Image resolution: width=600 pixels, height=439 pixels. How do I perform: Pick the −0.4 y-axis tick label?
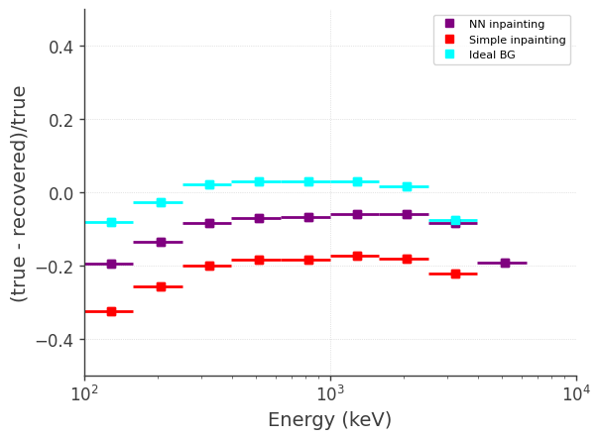[x=57, y=340]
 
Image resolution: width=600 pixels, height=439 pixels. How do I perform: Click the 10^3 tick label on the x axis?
[x=330, y=394]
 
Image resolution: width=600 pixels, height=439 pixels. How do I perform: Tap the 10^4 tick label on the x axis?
[x=576, y=394]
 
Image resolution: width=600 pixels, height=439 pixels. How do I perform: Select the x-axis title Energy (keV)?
[x=329, y=420]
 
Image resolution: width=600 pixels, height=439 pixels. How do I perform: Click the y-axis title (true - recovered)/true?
[x=19, y=193]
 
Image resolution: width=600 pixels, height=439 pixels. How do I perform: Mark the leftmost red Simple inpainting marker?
[x=111, y=311]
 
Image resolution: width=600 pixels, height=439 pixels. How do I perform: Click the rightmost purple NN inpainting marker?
[x=505, y=263]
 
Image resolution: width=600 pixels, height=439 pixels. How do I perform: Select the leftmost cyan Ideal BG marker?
[x=111, y=222]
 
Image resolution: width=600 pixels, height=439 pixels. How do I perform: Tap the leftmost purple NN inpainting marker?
[x=111, y=264]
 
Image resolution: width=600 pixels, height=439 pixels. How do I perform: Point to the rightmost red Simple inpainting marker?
[x=455, y=274]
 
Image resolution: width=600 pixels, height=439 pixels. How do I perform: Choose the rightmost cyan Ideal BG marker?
[x=455, y=220]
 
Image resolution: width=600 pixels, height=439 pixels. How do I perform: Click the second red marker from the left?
[x=161, y=286]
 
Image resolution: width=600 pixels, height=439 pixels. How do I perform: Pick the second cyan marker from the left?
[x=161, y=202]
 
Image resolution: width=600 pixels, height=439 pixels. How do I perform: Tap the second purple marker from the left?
[x=161, y=242]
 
